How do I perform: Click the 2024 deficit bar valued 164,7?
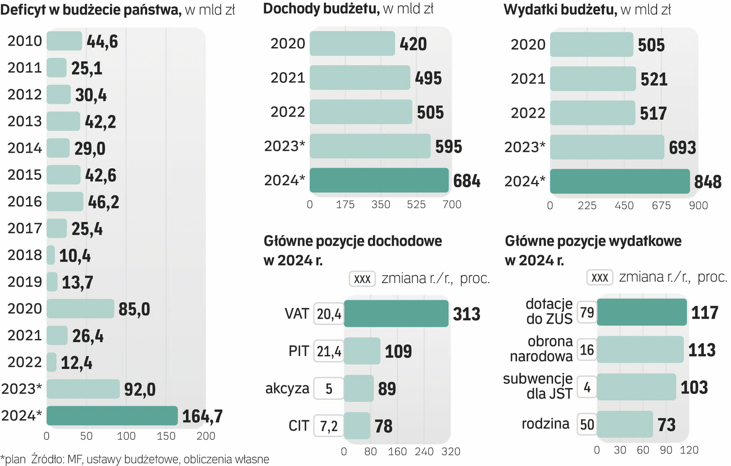pyautogui.click(x=112, y=416)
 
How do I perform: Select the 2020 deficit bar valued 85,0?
pyautogui.click(x=80, y=309)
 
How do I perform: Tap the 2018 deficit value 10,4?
pyautogui.click(x=75, y=255)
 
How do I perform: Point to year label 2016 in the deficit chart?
pyautogui.click(x=25, y=202)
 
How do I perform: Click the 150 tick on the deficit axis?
pyautogui.click(x=166, y=436)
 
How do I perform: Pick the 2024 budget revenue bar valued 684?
pyautogui.click(x=379, y=180)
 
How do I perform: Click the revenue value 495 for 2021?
pyautogui.click(x=428, y=78)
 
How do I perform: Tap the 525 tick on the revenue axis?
pyautogui.click(x=416, y=205)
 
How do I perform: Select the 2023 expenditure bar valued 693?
pyautogui.click(x=607, y=147)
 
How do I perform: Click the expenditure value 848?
pyautogui.click(x=708, y=182)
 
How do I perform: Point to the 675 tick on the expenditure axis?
pyautogui.click(x=661, y=205)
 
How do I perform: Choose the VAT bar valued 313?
pyautogui.click(x=396, y=313)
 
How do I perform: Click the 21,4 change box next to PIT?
pyautogui.click(x=329, y=351)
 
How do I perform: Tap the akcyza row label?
pyautogui.click(x=287, y=388)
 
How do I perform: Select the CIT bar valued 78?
pyautogui.click(x=357, y=425)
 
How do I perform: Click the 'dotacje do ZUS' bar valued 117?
pyautogui.click(x=642, y=312)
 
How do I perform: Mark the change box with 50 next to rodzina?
pyautogui.click(x=587, y=424)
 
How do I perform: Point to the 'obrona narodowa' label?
pyautogui.click(x=541, y=349)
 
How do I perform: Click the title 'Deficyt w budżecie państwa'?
pyautogui.click(x=91, y=9)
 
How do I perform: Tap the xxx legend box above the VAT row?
pyautogui.click(x=362, y=279)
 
